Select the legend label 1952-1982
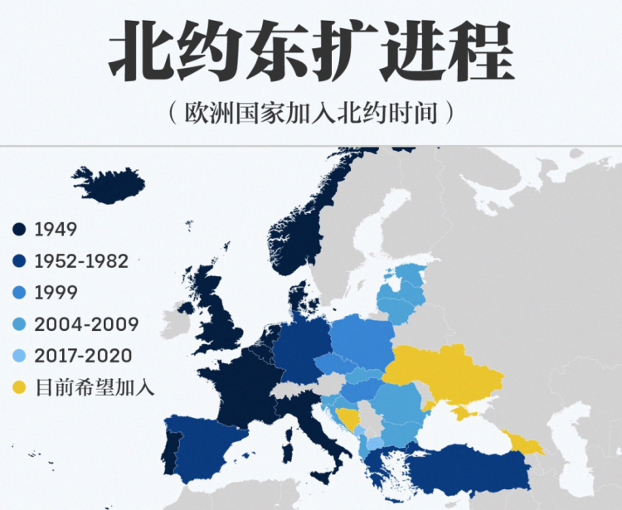81,260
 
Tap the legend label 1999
56,292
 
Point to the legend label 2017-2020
83,355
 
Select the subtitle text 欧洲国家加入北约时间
310,113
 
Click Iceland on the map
108,185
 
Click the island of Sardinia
288,453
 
